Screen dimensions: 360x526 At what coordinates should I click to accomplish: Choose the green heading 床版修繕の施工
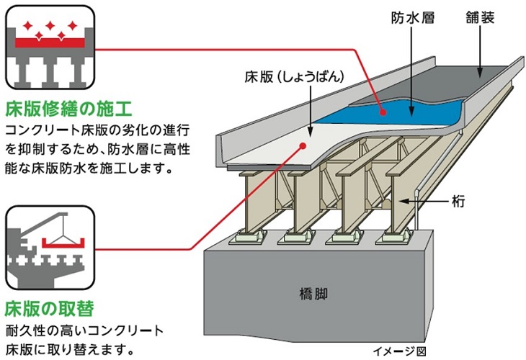pyautogui.click(x=68, y=109)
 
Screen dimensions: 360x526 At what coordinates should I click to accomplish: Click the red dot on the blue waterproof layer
pyautogui.click(x=384, y=111)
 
